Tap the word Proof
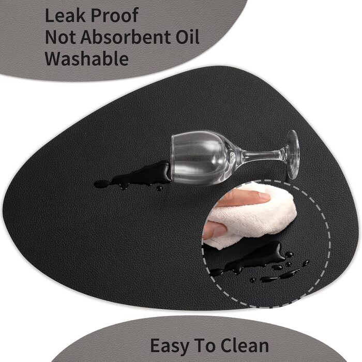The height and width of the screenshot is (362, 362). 114,16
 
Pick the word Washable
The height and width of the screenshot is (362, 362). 86,58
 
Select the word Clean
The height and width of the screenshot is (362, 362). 245,345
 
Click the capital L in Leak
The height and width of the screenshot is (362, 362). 51,16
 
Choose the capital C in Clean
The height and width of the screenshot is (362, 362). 227,345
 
